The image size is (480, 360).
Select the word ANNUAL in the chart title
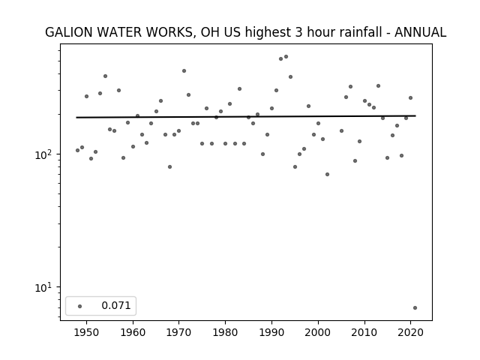click(420, 32)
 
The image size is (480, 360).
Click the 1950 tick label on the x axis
click(87, 332)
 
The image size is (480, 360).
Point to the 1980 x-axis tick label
click(225, 332)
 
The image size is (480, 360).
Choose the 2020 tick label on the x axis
click(410, 332)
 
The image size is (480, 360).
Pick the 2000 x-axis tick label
click(318, 332)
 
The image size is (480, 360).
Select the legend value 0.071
click(116, 305)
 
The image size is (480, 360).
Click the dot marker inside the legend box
click(80, 306)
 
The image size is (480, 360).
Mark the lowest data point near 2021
click(415, 308)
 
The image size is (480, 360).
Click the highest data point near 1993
click(286, 57)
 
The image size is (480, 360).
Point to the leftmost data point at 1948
click(77, 150)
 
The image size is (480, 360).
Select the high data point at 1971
click(184, 71)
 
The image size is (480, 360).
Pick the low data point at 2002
click(327, 175)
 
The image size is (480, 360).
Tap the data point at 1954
click(105, 76)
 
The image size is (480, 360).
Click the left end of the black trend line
click(76, 118)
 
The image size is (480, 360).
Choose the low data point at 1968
click(170, 166)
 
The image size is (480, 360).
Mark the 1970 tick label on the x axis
click(179, 332)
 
